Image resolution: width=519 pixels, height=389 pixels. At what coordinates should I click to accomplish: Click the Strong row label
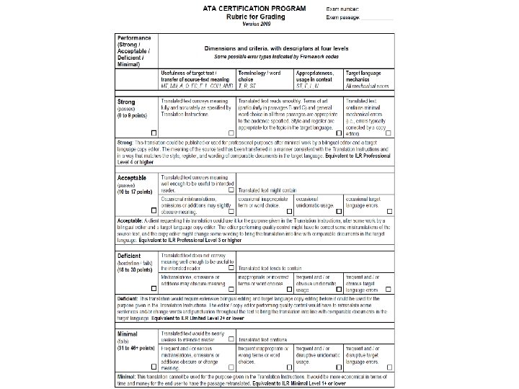[x=126, y=102]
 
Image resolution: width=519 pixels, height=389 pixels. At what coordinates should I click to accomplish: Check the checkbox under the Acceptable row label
[x=154, y=209]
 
